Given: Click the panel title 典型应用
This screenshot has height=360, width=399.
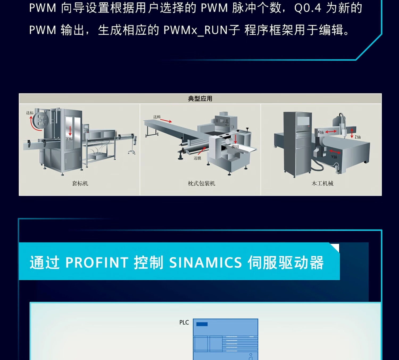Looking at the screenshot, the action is click(200, 99).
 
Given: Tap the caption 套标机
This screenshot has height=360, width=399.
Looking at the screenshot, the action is click(80, 183).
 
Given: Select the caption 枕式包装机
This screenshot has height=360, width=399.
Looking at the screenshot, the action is click(201, 183).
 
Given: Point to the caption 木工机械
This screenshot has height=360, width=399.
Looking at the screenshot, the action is click(322, 183).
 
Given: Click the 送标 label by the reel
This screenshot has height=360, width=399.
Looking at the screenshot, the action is click(30, 113).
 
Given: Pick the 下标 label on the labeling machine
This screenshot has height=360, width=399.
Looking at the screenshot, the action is click(69, 139).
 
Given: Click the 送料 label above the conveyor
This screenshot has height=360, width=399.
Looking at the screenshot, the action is click(157, 117).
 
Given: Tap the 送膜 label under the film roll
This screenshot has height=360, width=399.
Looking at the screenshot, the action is click(197, 158).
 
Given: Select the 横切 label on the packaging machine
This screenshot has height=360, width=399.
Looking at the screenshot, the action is click(235, 147).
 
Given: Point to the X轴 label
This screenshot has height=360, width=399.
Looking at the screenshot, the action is click(321, 132).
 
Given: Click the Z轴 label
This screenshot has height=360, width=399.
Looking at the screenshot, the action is click(358, 137).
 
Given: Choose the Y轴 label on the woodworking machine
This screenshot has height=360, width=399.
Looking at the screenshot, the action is click(334, 157).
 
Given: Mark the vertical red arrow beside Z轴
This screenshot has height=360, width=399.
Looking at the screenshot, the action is click(352, 133).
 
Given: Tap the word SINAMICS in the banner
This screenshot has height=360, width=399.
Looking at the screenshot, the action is click(205, 263).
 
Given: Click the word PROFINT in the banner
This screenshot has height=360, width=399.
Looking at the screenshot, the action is click(97, 263).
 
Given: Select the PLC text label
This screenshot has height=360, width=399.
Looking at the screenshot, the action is click(184, 322).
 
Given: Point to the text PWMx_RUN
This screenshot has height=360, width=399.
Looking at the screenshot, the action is click(196, 30).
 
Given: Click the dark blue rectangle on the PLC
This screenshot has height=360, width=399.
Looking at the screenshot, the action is click(202, 324).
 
